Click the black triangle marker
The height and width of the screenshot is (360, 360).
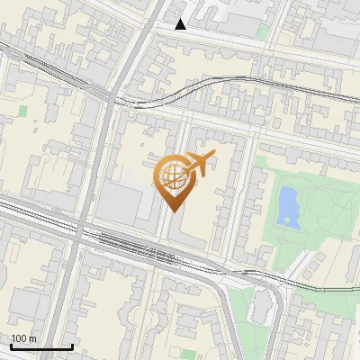181,24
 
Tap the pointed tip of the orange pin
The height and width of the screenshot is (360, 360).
171,211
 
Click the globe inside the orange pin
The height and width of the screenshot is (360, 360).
171,175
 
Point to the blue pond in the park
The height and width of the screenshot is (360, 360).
288,206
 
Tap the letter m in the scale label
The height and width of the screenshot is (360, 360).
34,338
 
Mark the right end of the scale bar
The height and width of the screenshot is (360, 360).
72,346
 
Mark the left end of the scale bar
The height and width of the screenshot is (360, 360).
10,346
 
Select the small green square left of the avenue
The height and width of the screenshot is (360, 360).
23,112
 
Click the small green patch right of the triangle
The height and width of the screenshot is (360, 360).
263,32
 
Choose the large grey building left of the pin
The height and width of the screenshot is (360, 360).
117,202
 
